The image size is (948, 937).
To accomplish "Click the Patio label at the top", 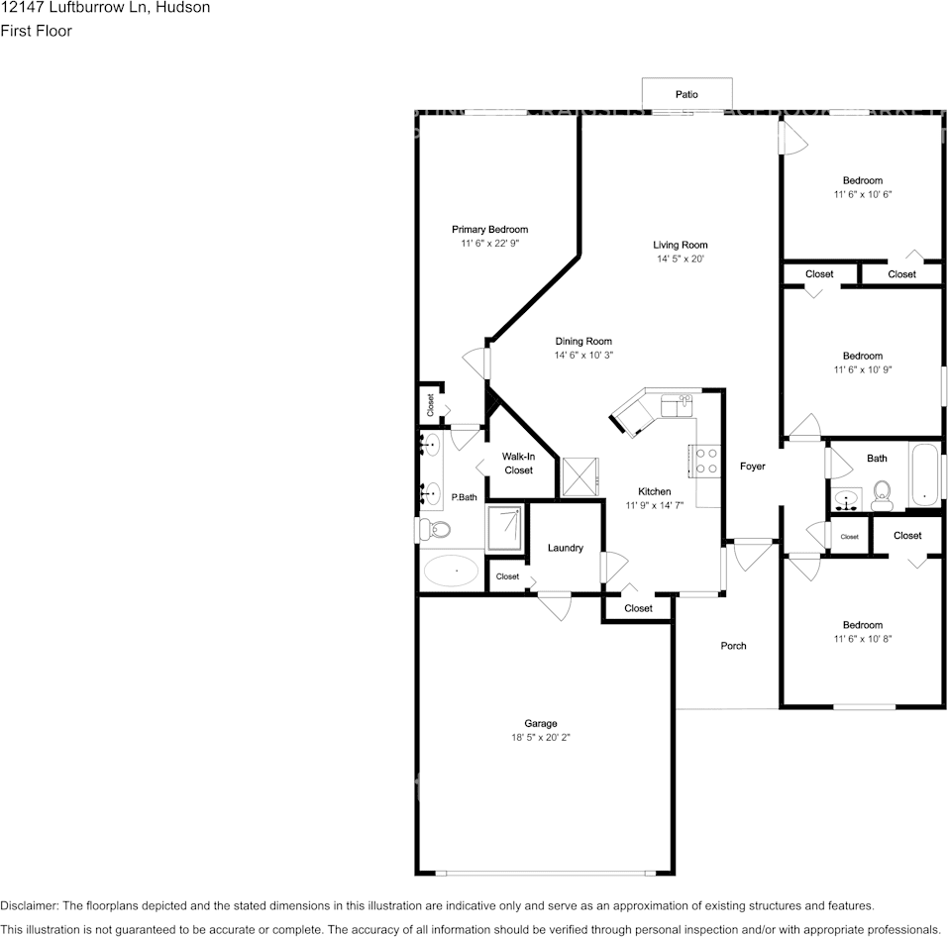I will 686,94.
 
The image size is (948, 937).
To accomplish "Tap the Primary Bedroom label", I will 489,229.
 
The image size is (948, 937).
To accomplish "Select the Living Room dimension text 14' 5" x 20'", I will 681,260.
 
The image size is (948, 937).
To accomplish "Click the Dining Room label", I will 583,341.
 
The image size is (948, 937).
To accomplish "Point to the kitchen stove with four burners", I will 707,461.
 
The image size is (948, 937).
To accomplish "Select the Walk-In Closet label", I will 518,464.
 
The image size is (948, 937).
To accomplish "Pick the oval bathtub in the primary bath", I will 451,572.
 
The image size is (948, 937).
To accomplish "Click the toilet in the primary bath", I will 435,530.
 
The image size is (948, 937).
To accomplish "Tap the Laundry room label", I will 565,548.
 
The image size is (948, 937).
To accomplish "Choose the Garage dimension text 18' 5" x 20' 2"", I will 541,737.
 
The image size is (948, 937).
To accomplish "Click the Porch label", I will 733,646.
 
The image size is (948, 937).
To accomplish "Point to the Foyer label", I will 752,466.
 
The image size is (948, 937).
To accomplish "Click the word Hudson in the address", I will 181,8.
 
